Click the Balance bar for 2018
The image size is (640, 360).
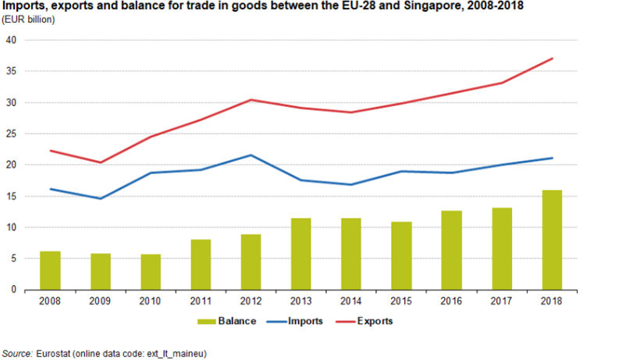tap(552, 240)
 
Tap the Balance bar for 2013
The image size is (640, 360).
tap(301, 254)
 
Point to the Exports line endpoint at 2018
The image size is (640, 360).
tap(552, 59)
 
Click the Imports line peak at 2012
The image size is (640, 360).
tap(251, 155)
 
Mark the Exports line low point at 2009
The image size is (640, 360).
tap(101, 162)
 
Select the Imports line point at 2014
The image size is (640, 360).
tap(351, 184)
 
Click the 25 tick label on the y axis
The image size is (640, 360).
tap(12, 134)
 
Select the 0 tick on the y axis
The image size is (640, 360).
tap(15, 290)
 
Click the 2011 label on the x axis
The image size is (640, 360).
tap(201, 300)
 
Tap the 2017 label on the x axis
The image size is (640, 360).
tap(502, 300)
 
